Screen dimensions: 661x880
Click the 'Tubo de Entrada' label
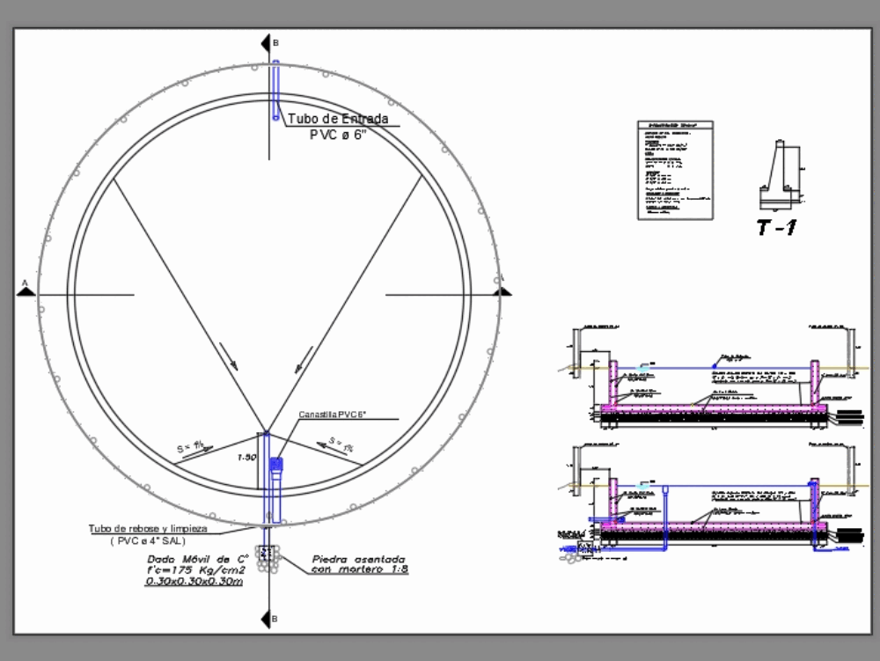338,119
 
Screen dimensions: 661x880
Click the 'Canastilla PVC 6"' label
331,415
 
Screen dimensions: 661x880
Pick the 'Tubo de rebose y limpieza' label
147,528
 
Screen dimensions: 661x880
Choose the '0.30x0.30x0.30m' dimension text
194,582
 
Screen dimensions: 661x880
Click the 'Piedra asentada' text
358,559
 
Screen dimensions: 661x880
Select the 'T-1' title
777,229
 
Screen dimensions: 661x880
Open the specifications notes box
675,170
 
